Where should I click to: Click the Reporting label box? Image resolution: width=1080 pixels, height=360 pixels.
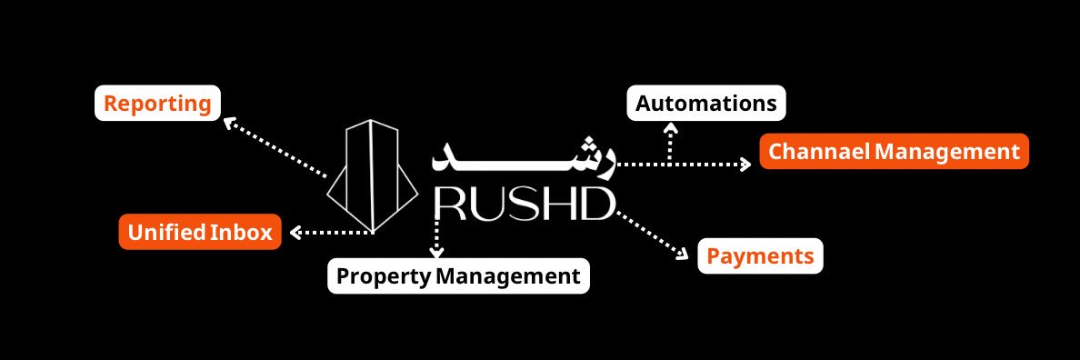157,103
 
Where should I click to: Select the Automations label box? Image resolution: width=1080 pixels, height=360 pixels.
705,103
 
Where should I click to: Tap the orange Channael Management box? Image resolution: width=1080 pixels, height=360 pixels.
894,152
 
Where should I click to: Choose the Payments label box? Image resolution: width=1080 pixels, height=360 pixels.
760,256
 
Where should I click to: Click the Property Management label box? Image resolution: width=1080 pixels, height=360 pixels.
458,275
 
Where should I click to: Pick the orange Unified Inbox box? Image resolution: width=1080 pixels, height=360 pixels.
200,233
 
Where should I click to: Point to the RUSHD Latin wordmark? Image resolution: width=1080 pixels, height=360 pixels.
525,205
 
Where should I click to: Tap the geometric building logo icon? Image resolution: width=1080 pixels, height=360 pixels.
373,175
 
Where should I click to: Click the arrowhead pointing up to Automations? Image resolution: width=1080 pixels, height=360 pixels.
671,128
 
